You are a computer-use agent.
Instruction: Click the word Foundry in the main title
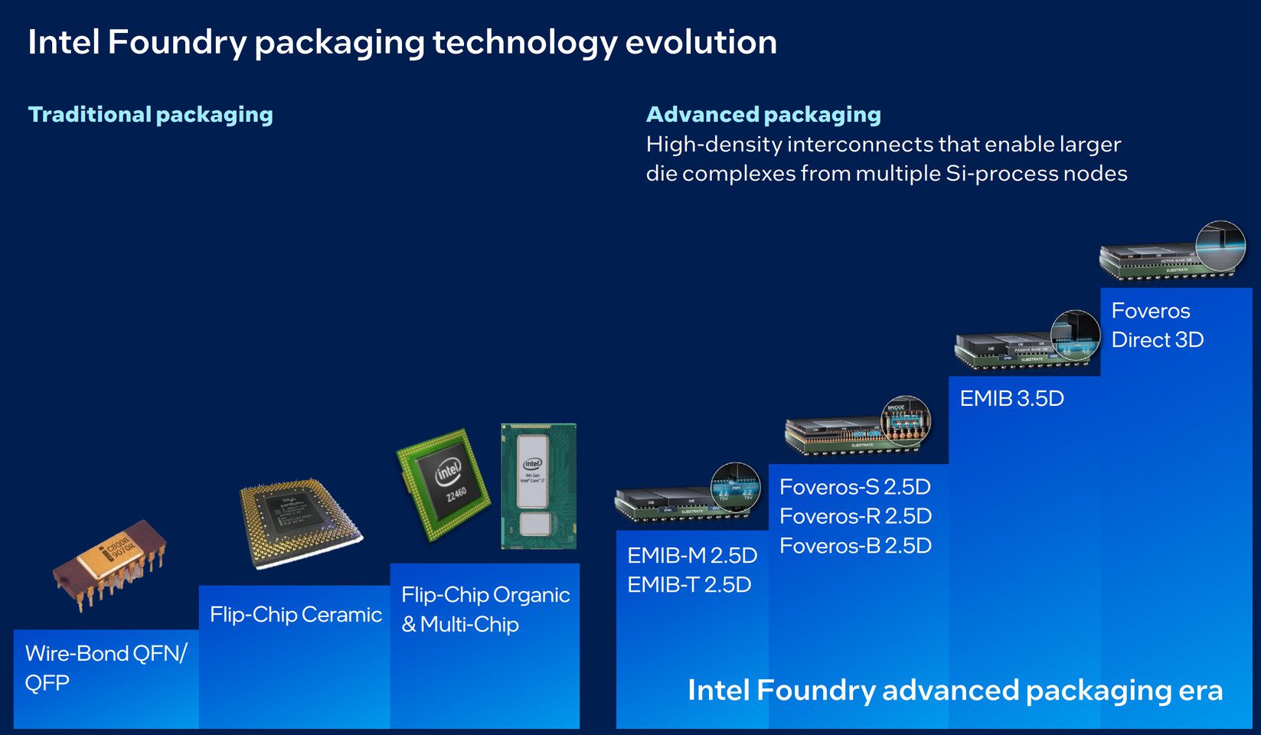click(x=177, y=43)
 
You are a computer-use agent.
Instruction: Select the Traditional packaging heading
click(x=151, y=115)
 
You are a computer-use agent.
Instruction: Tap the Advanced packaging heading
click(x=763, y=115)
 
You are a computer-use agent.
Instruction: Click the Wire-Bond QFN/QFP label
click(x=106, y=668)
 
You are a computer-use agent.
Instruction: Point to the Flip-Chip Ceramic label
click(x=296, y=615)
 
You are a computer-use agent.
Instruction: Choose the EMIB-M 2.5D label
click(x=692, y=556)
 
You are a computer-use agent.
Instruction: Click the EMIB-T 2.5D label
click(x=689, y=585)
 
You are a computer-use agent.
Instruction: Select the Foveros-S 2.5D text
click(x=855, y=487)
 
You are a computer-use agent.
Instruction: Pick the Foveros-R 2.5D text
click(x=855, y=517)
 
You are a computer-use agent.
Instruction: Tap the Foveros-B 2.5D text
click(x=855, y=546)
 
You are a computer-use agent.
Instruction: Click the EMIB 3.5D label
click(x=1011, y=399)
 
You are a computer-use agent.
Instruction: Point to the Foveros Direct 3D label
click(x=1157, y=325)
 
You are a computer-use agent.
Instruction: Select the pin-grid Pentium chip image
click(x=299, y=522)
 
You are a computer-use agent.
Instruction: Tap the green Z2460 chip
click(x=444, y=482)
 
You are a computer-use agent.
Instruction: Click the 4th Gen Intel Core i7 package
click(x=538, y=487)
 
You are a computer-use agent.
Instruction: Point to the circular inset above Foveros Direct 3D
click(x=1220, y=247)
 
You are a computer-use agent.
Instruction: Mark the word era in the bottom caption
click(x=1201, y=691)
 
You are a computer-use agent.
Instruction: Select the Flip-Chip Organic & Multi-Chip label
click(x=485, y=609)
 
